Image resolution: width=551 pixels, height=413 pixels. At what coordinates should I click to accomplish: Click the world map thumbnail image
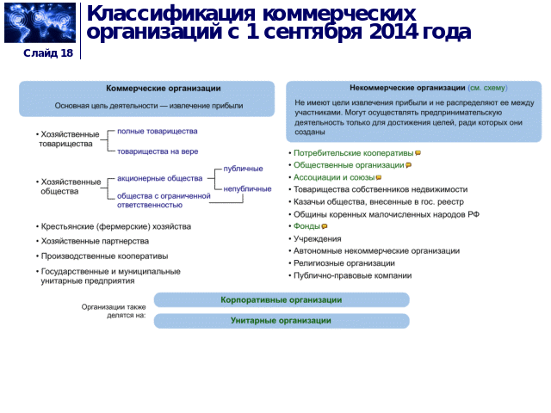[40, 23]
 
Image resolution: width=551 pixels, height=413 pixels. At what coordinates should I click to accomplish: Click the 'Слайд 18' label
[48, 53]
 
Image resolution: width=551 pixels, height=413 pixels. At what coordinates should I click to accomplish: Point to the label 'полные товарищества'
[157, 132]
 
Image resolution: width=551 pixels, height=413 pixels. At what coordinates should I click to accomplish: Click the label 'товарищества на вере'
[158, 151]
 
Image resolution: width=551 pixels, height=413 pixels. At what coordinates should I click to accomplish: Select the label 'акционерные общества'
[159, 178]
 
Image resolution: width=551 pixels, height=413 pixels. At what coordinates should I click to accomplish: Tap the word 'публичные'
[243, 169]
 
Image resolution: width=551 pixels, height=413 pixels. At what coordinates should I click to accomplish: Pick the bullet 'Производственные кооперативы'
[104, 256]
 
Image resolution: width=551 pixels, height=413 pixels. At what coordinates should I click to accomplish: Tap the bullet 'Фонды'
[306, 226]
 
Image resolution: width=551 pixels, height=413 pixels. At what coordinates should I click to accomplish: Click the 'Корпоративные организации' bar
[281, 299]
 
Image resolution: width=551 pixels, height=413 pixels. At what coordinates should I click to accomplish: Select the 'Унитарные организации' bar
[281, 321]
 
